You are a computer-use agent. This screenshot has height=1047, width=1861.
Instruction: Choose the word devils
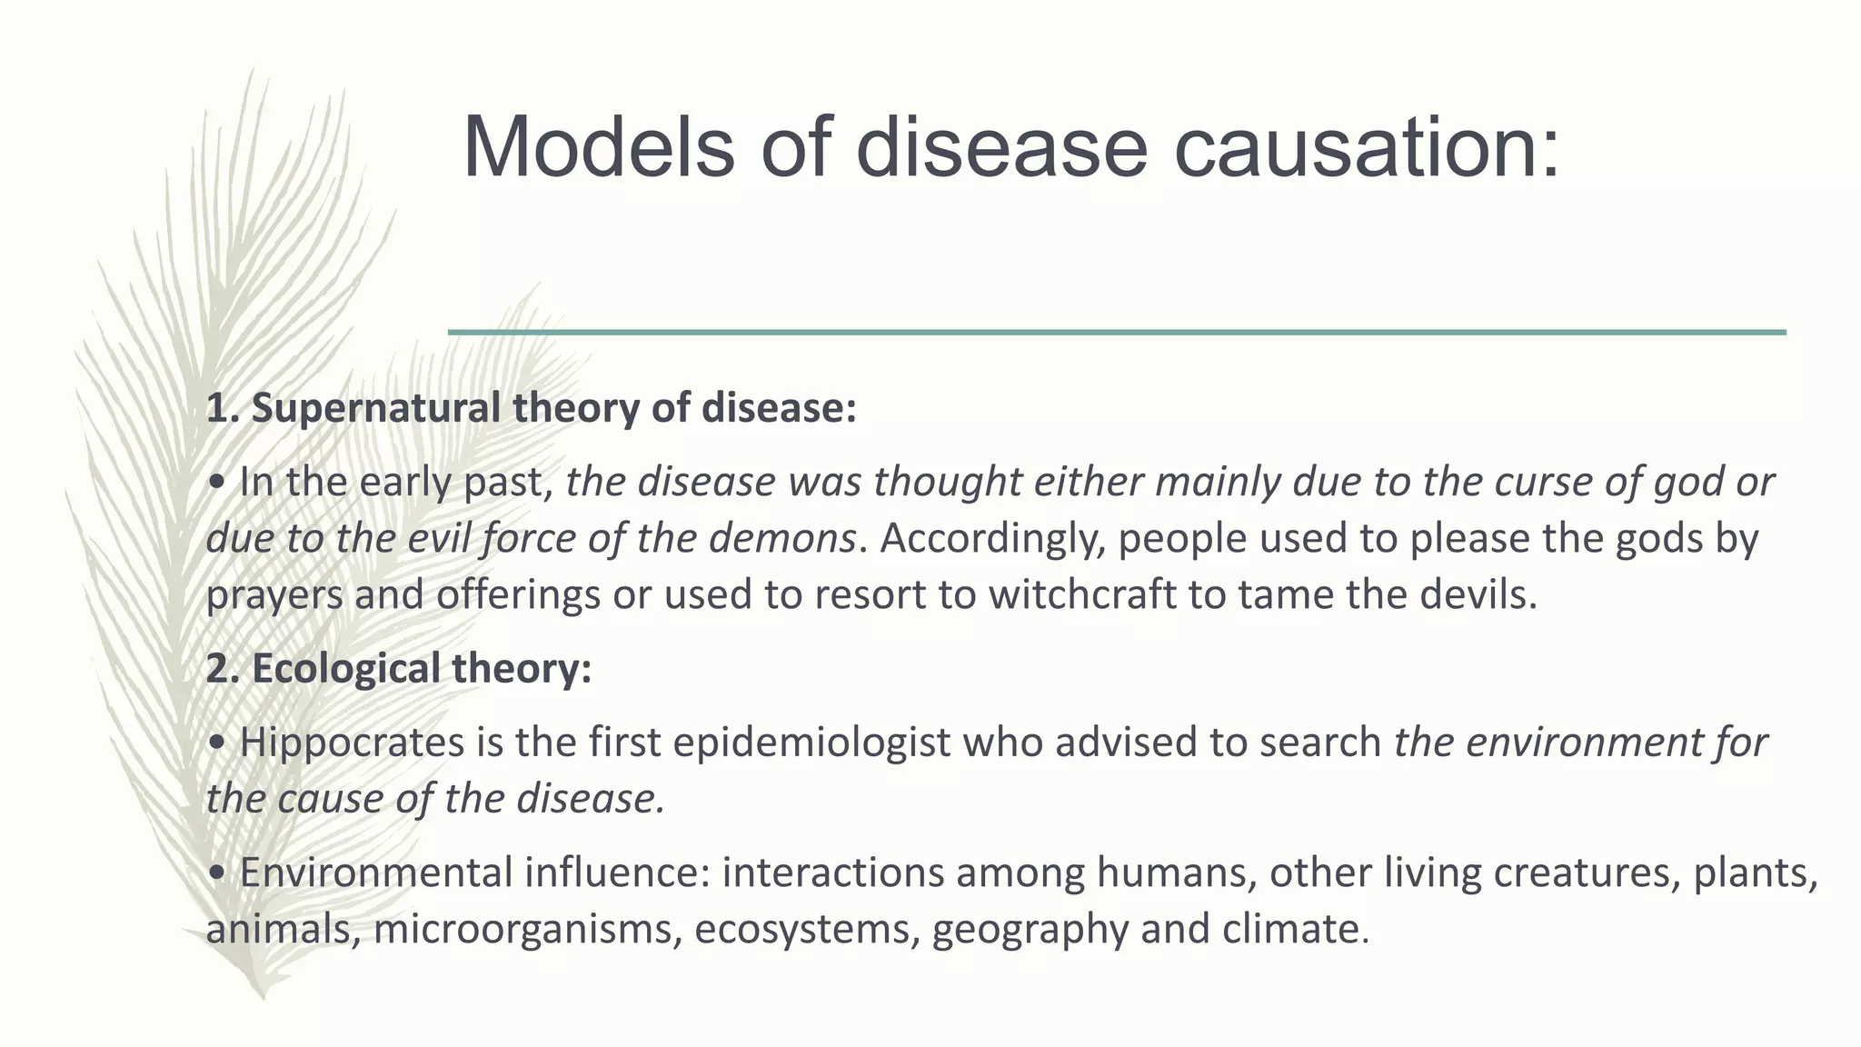tap(1478, 595)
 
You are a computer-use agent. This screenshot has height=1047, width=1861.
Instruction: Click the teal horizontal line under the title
tap(1117, 333)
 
